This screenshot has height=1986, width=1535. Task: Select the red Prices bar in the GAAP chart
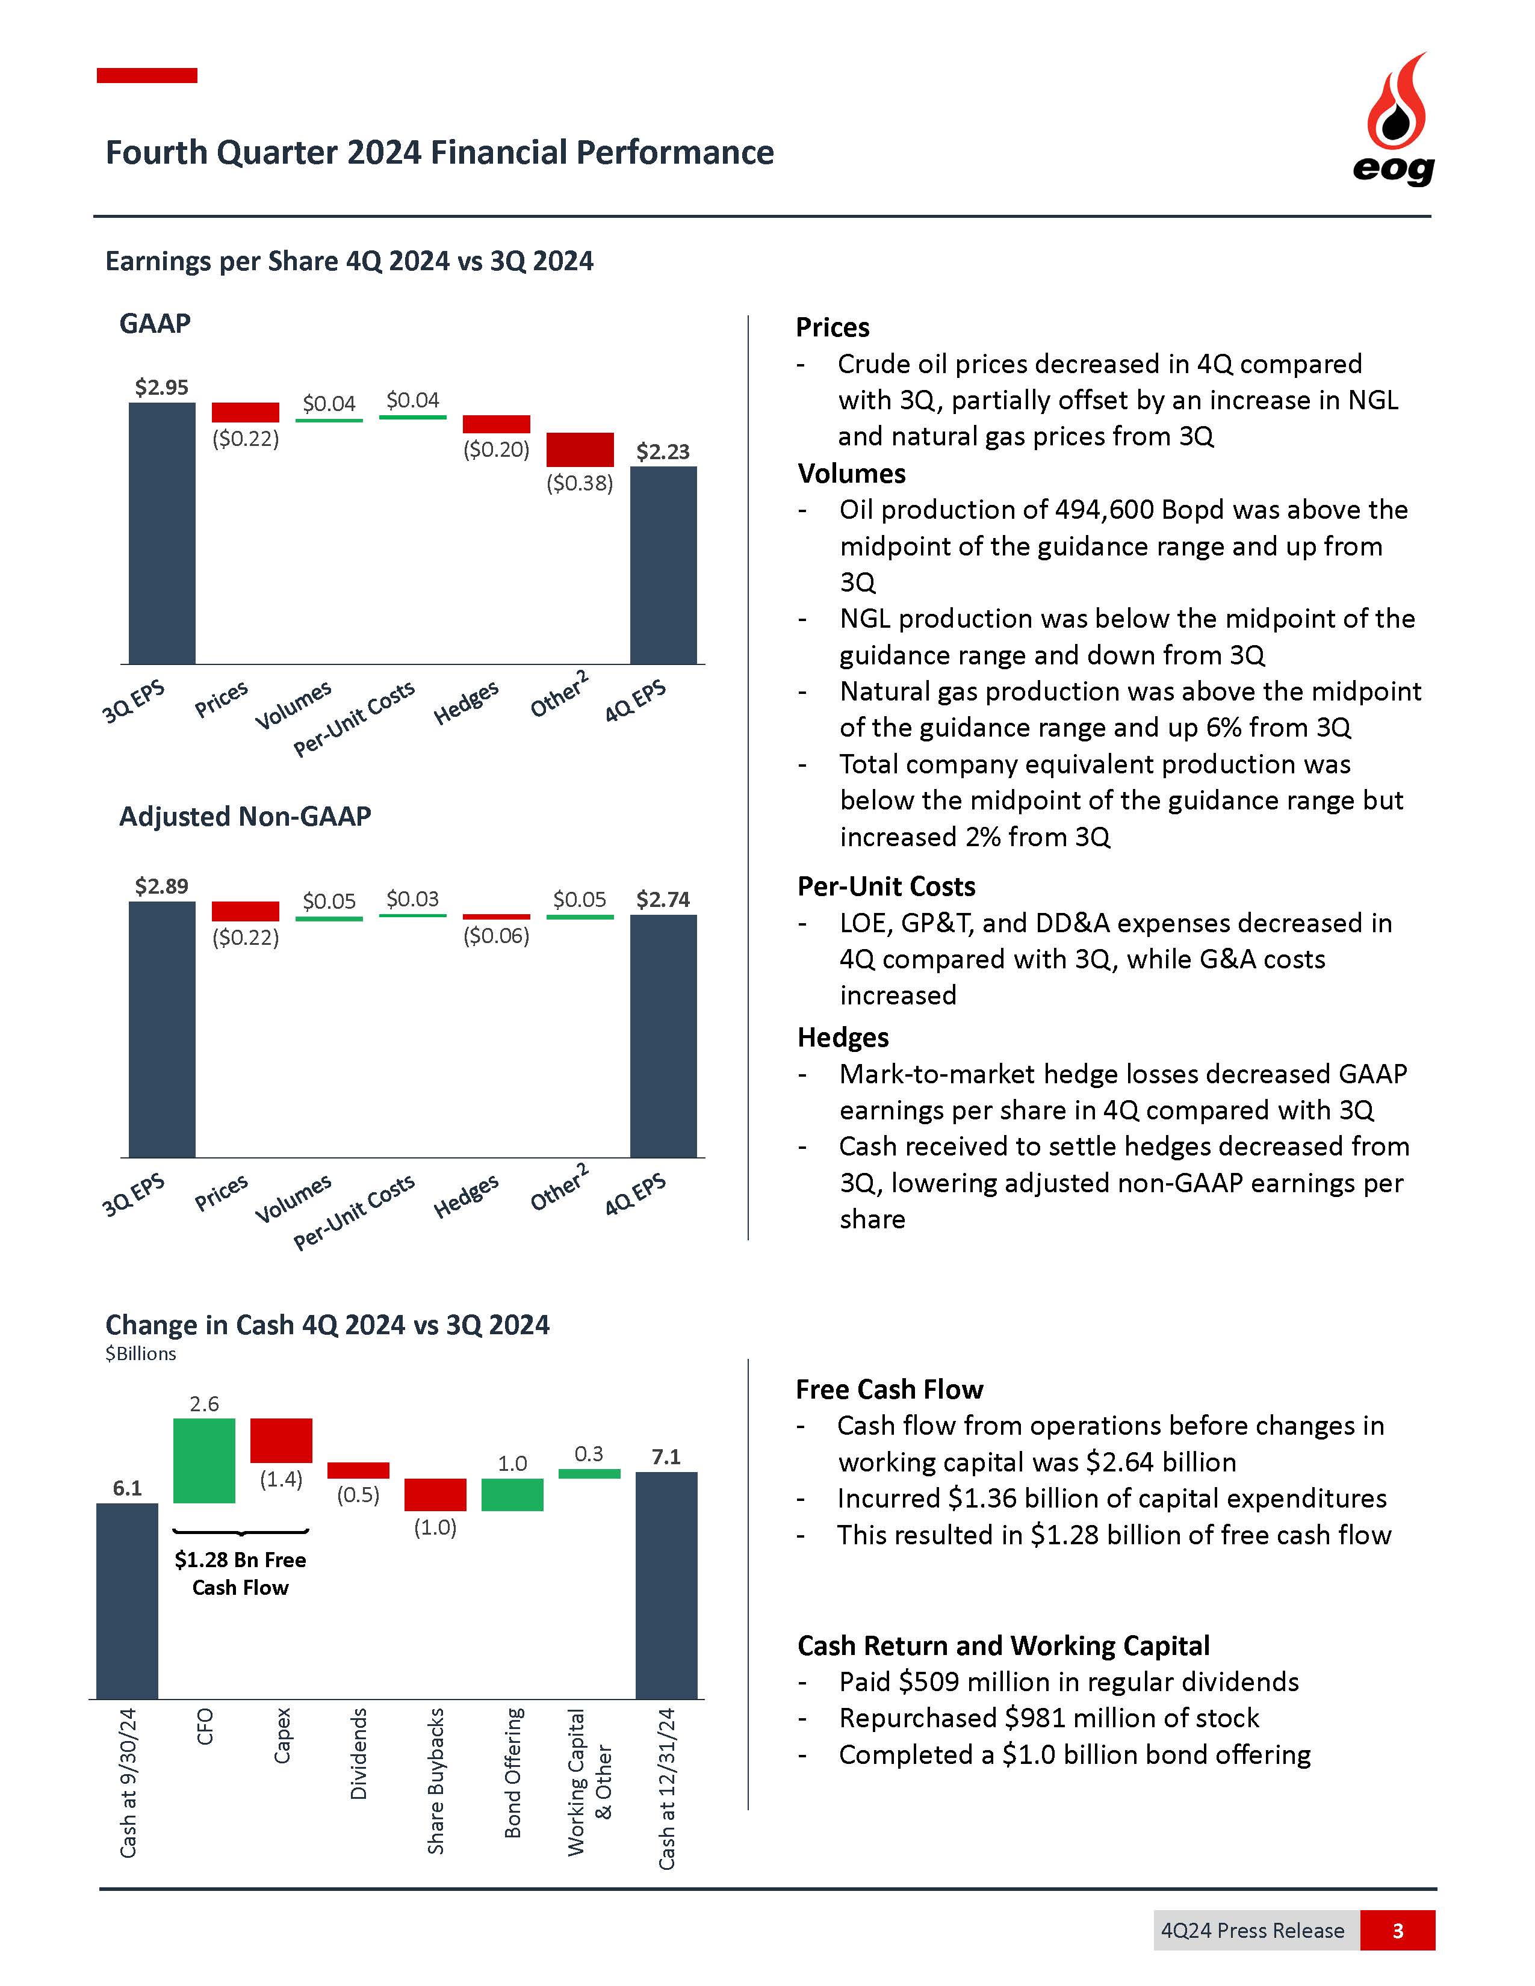246,412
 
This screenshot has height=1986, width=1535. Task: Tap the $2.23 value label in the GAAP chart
663,452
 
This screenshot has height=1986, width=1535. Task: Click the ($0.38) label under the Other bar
579,483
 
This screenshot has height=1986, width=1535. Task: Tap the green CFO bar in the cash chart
205,1461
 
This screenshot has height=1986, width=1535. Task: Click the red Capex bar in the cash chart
281,1440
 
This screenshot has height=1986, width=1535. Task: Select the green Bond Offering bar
512,1495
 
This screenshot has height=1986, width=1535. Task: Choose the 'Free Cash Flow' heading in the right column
888,1390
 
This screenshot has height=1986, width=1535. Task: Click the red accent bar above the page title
147,75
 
